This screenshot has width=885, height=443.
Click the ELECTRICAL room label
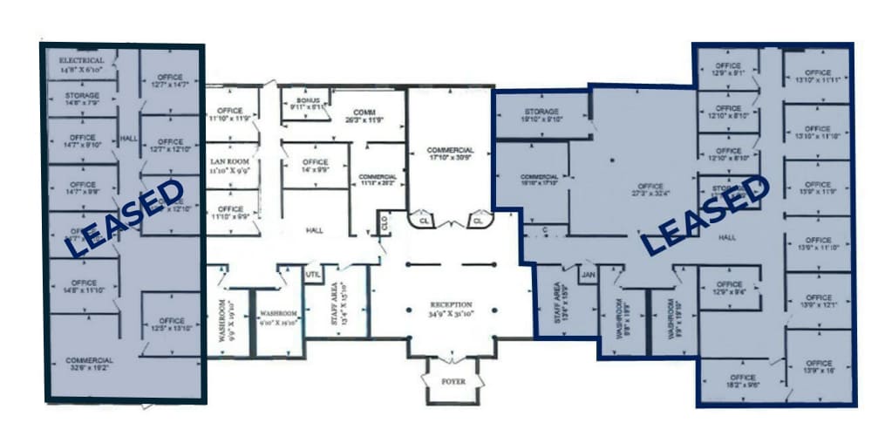point(82,60)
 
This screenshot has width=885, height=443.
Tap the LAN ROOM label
point(230,162)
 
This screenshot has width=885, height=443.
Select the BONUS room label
point(307,101)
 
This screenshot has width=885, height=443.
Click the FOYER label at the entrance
point(453,382)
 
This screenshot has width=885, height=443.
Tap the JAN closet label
point(588,275)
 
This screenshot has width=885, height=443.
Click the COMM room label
point(364,113)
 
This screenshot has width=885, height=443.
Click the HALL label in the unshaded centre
point(315,230)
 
